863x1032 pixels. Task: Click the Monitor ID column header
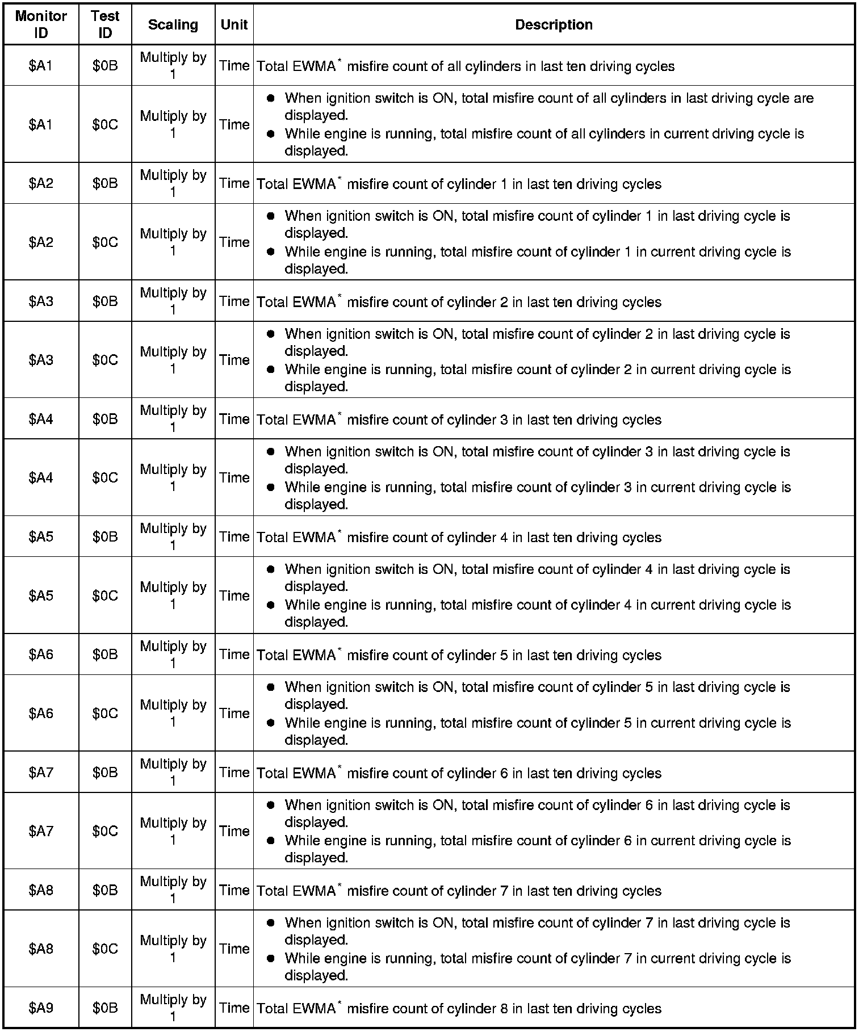tap(41, 24)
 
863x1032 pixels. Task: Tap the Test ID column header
tap(105, 24)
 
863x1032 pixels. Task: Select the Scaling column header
tap(173, 24)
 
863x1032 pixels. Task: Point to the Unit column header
tap(234, 24)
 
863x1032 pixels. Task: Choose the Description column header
tap(554, 24)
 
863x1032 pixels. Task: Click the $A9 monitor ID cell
tap(41, 1008)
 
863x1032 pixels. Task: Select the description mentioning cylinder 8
tap(459, 1008)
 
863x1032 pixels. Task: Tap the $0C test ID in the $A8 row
tap(105, 949)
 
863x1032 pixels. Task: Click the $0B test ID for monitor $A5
tap(105, 536)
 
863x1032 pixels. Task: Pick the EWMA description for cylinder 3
tap(459, 419)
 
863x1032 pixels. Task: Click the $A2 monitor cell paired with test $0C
tap(41, 242)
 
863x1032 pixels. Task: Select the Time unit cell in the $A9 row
tap(234, 1008)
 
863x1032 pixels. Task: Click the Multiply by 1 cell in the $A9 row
tap(173, 1008)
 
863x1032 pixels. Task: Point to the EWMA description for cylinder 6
tap(459, 773)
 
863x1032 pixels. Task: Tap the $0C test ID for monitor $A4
tap(105, 477)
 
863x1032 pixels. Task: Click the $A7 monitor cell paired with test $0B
tap(41, 772)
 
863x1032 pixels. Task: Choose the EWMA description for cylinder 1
tap(459, 184)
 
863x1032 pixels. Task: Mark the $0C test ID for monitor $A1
tap(105, 124)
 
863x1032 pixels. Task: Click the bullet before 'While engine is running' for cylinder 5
tap(271, 722)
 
